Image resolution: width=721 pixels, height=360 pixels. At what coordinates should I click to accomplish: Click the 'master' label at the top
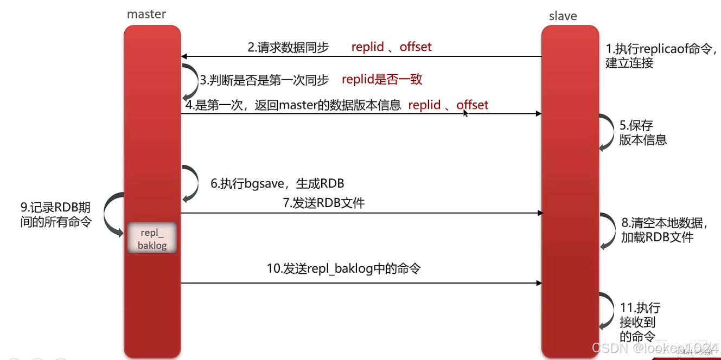point(146,14)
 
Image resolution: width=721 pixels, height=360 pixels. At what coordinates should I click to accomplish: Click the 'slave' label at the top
point(563,16)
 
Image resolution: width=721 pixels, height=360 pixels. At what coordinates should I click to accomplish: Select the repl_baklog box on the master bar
point(152,239)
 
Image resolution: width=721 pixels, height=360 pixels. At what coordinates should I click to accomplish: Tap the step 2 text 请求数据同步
point(288,48)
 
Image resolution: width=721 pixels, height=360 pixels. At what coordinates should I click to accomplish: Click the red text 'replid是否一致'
point(382,80)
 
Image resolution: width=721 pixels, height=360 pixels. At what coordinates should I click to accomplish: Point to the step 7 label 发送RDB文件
point(324,204)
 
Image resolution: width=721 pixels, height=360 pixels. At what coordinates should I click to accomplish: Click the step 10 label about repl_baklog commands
point(343,269)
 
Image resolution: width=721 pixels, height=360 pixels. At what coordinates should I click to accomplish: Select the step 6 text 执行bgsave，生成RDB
point(277,184)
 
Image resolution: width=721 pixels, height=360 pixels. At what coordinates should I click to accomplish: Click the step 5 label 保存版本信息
point(643,133)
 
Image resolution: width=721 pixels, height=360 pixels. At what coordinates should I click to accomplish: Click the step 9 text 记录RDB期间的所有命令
point(56,215)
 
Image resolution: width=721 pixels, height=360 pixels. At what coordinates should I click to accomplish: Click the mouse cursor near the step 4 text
point(465,113)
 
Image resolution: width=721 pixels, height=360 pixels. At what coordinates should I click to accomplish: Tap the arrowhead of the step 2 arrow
point(184,56)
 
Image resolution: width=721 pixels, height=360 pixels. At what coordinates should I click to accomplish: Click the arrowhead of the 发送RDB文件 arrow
point(539,214)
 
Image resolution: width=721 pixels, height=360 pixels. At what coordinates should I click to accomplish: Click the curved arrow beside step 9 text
point(113,216)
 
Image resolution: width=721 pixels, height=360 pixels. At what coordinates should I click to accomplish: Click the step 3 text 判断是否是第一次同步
point(264,80)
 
